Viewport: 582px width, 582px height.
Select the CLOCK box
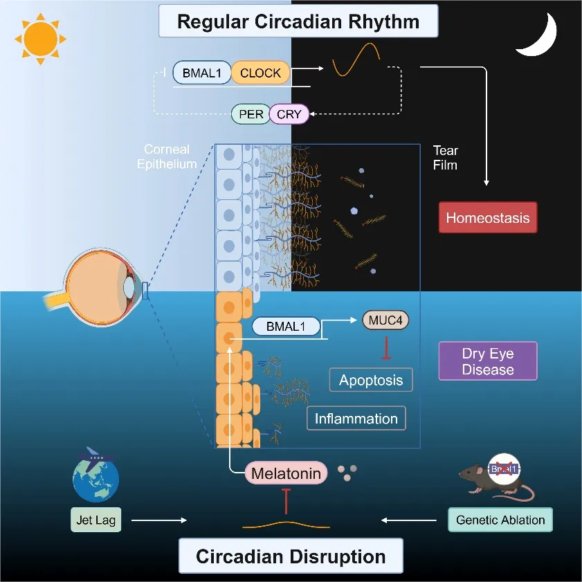[260, 73]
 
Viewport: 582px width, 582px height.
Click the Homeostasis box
[487, 218]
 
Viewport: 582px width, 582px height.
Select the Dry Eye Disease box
[487, 361]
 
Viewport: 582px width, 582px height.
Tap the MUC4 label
[386, 320]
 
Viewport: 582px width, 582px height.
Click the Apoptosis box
[371, 379]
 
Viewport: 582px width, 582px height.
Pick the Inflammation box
[356, 418]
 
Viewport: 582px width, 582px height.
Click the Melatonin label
[285, 474]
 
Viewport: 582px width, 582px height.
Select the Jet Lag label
[96, 520]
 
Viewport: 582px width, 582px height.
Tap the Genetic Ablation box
[500, 520]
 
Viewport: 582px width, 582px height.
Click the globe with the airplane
[96, 478]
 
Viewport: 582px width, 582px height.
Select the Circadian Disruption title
[291, 556]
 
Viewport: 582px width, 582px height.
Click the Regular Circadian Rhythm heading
[298, 21]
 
